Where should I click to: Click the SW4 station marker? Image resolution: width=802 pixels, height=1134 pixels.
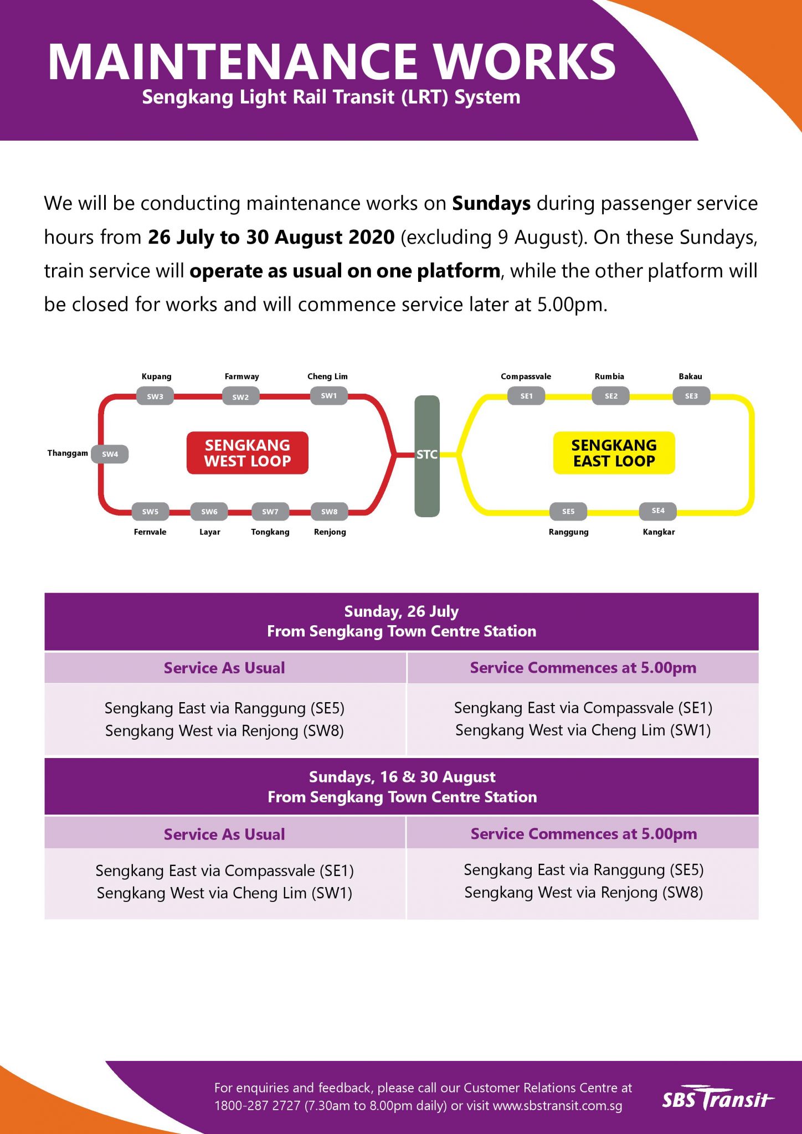click(x=110, y=454)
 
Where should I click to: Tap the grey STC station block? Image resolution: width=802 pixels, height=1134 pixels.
click(x=427, y=456)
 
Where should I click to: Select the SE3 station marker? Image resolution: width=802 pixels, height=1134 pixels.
click(x=691, y=396)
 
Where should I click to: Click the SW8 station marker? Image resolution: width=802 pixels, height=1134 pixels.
click(x=330, y=512)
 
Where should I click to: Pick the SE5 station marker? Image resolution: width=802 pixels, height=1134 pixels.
click(x=568, y=512)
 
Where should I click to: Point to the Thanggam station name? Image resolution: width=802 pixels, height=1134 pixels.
click(x=68, y=453)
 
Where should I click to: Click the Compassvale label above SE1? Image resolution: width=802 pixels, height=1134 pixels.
click(x=526, y=377)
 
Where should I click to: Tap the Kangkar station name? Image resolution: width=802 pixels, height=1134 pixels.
click(x=659, y=532)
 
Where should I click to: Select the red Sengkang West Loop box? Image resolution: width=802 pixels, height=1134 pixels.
click(x=248, y=453)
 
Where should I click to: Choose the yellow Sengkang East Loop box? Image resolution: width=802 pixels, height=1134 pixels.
click(x=614, y=453)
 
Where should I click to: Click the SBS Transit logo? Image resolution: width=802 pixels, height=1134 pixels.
click(x=718, y=1099)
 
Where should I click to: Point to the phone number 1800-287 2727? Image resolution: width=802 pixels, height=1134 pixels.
click(x=257, y=1106)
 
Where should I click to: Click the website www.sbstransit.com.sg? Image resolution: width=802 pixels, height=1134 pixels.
click(x=557, y=1106)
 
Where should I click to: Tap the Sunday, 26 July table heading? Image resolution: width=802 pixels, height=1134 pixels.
click(x=402, y=611)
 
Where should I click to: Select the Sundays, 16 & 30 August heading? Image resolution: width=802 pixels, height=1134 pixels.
click(x=402, y=777)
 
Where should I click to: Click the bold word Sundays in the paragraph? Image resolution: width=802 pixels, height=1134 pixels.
click(x=491, y=204)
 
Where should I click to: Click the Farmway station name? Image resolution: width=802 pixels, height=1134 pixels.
click(x=241, y=377)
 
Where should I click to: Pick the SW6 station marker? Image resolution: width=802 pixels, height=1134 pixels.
click(x=209, y=512)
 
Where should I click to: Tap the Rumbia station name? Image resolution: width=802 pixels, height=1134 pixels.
click(x=609, y=377)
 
